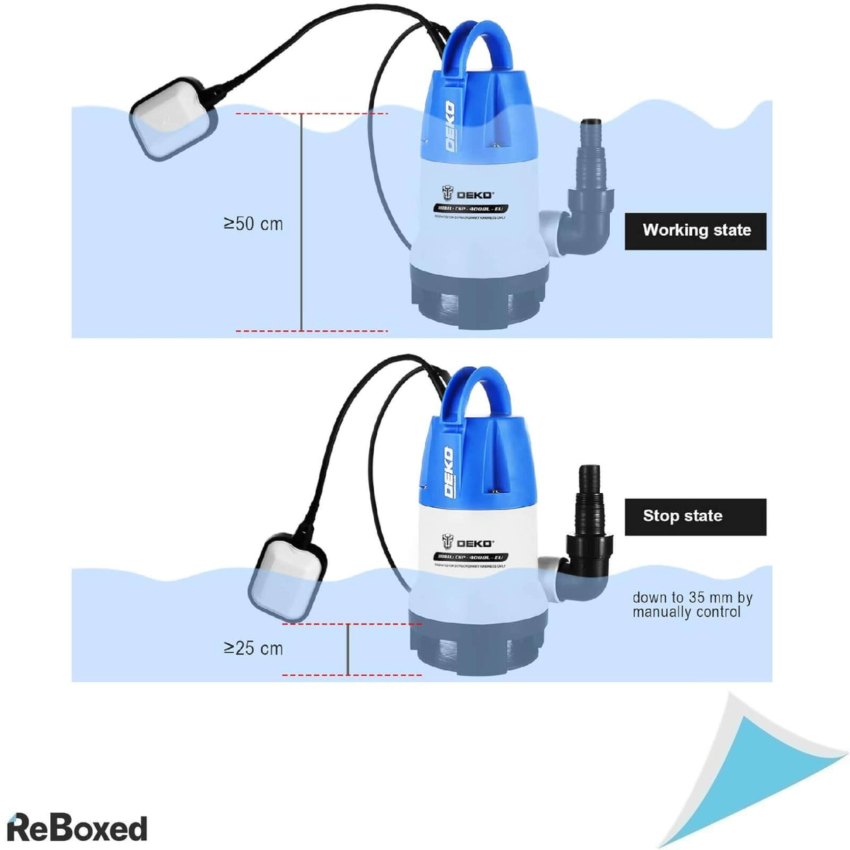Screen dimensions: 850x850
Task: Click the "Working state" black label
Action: pos(695,231)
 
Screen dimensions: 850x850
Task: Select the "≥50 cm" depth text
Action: pos(254,224)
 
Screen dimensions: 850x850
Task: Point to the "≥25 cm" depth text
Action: pos(254,648)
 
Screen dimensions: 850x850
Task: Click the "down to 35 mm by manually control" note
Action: pos(692,605)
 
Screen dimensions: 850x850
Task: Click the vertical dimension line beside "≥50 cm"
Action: pos(302,223)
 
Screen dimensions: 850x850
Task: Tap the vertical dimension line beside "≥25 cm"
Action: pos(348,650)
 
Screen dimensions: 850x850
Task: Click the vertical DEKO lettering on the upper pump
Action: pos(449,126)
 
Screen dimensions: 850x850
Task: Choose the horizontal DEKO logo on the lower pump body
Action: pos(468,543)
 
